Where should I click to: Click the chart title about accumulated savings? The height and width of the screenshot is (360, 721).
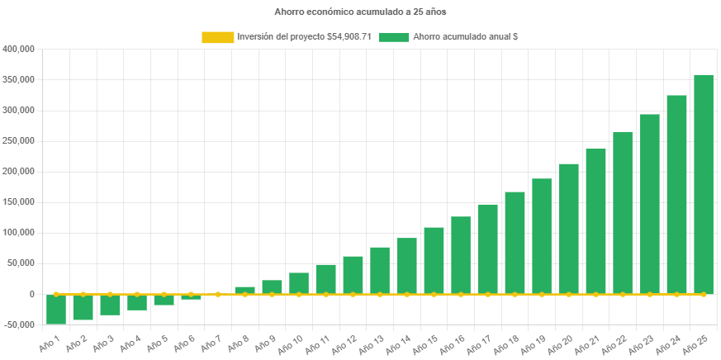click(x=360, y=12)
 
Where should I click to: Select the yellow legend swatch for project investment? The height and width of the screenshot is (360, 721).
click(x=217, y=37)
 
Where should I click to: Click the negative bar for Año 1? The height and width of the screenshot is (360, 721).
click(x=56, y=309)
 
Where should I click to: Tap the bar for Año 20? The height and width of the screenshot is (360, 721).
click(x=568, y=229)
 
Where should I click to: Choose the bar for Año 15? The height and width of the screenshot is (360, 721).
click(x=434, y=260)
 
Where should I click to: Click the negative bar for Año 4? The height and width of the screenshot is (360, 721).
click(x=137, y=302)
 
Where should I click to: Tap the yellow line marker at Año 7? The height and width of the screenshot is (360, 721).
click(x=218, y=294)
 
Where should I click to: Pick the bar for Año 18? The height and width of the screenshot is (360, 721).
click(x=515, y=243)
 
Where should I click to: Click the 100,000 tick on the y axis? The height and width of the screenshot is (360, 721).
click(x=19, y=233)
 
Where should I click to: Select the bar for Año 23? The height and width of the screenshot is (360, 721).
click(x=649, y=204)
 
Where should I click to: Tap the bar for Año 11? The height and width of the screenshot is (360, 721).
click(x=325, y=279)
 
